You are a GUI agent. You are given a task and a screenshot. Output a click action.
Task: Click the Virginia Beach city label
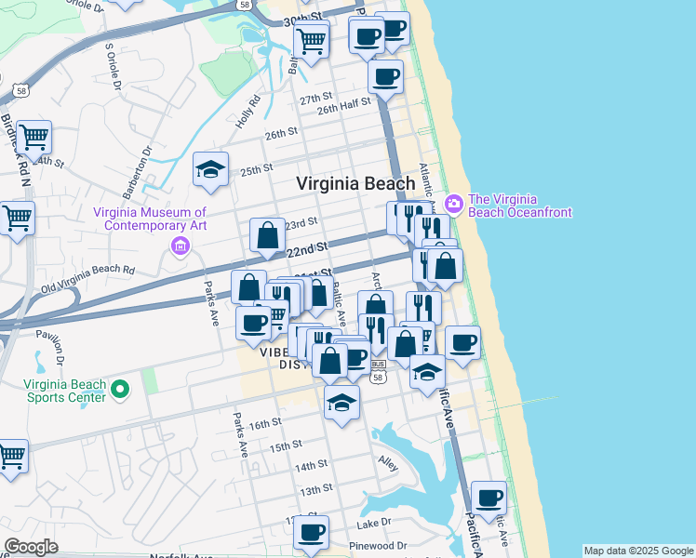pyautogui.click(x=355, y=184)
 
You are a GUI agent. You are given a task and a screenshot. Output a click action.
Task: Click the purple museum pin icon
pyautogui.click(x=180, y=246)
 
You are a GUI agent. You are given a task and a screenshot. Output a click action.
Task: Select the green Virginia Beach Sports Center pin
pyautogui.click(x=119, y=389)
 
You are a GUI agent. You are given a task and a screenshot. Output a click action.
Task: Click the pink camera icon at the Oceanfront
pyautogui.click(x=454, y=202)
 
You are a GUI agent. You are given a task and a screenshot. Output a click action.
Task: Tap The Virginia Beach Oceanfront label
pyautogui.click(x=519, y=205)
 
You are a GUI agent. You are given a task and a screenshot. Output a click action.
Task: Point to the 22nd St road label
pyautogui.click(x=307, y=249)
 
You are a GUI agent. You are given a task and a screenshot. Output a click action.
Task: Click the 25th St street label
pyautogui.click(x=256, y=170)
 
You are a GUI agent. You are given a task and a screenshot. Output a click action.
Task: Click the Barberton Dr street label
pyautogui.click(x=147, y=164)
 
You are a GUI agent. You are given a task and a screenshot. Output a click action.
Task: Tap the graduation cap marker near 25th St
pyautogui.click(x=211, y=169)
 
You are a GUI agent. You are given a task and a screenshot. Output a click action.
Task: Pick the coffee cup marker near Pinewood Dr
pyautogui.click(x=312, y=532)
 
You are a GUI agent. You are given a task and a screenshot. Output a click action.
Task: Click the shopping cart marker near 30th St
pyautogui.click(x=311, y=39)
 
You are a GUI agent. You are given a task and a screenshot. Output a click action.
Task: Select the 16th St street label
pyautogui.click(x=264, y=423)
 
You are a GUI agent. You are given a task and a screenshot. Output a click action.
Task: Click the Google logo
pyautogui.click(x=31, y=547)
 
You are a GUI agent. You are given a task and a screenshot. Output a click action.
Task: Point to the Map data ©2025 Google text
pyautogui.click(x=638, y=551)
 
